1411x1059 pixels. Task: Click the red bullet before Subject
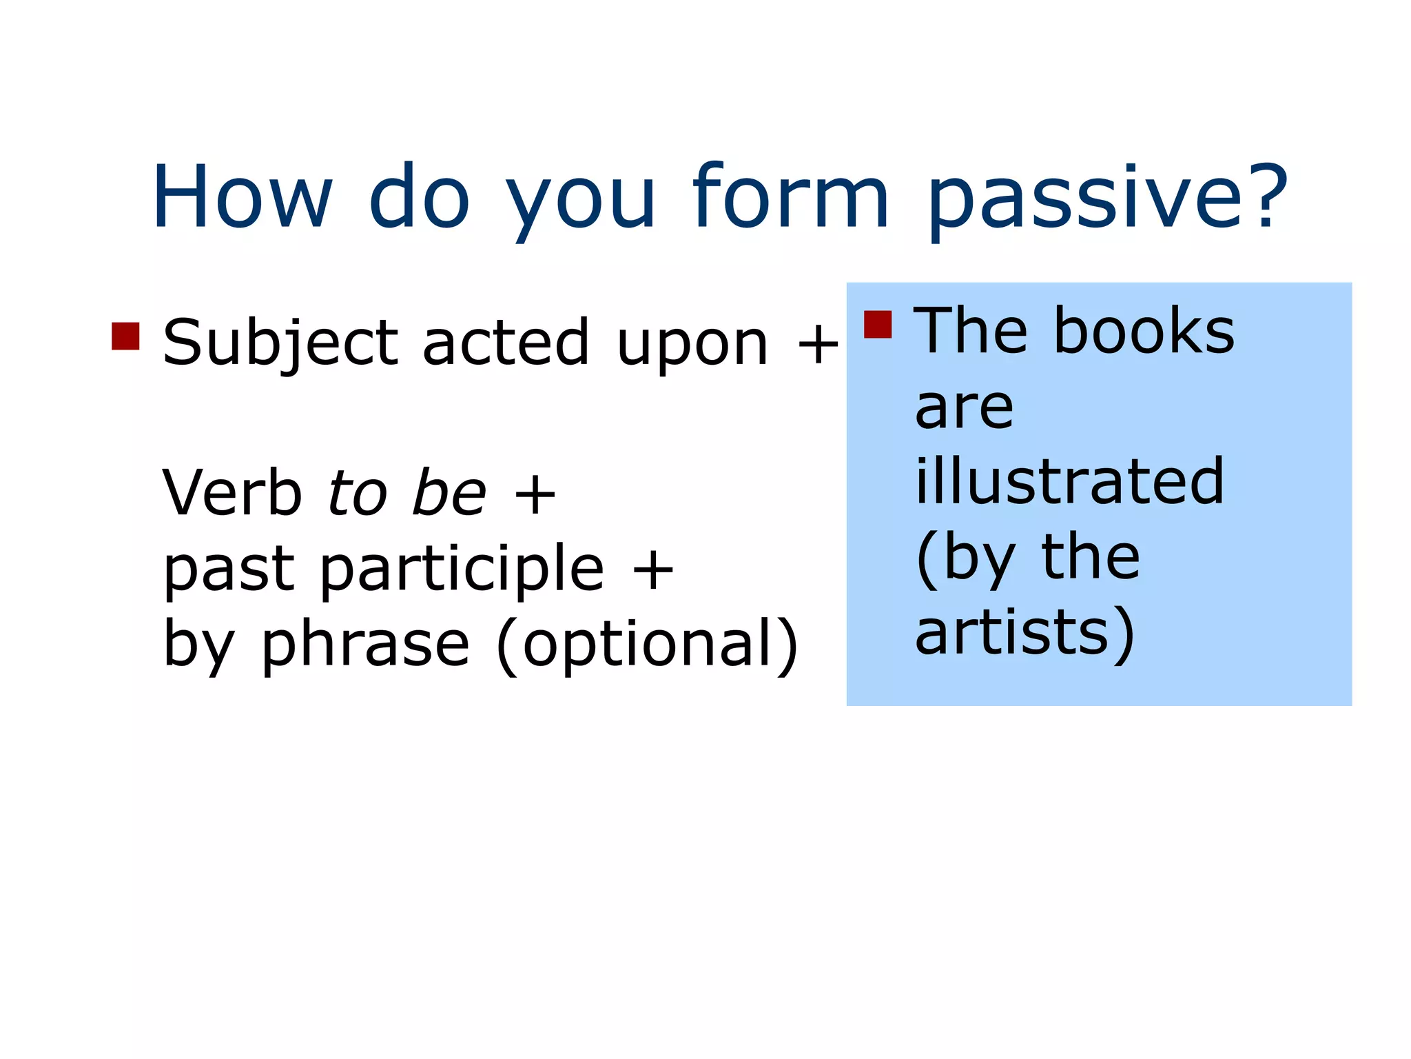tap(125, 336)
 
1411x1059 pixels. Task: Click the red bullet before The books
tap(877, 324)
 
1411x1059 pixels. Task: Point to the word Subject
tap(280, 343)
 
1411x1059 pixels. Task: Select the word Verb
tap(231, 492)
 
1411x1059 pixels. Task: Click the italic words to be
tap(406, 492)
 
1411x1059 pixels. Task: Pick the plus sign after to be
tap(535, 494)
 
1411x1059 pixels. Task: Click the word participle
tap(462, 569)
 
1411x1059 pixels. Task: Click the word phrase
tap(365, 645)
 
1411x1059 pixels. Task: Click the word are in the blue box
tap(964, 408)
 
